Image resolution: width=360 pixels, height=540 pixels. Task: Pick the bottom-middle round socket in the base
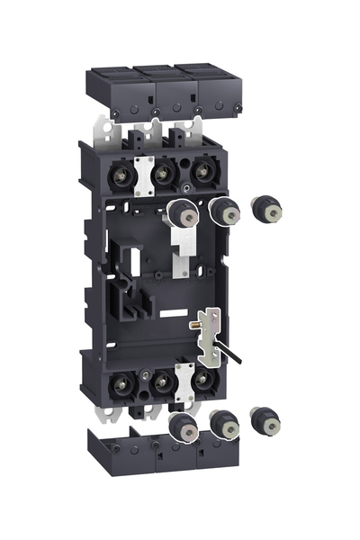pyautogui.click(x=161, y=382)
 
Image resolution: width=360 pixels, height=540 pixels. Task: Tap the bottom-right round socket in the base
pyautogui.click(x=203, y=381)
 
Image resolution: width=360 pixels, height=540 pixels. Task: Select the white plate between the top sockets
pyautogui.click(x=140, y=175)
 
